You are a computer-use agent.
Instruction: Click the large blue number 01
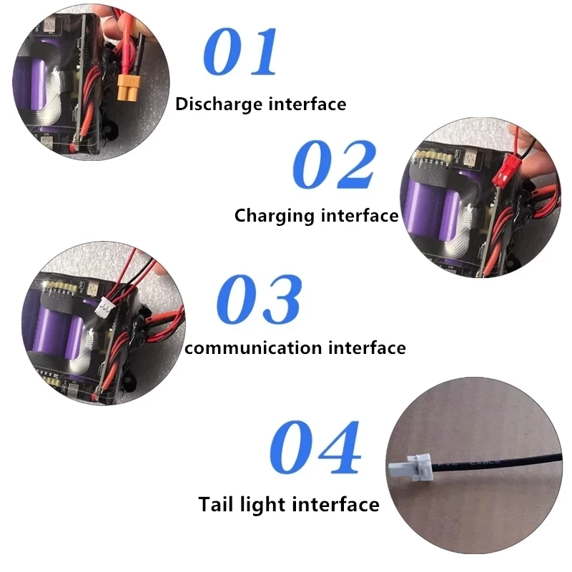(x=240, y=51)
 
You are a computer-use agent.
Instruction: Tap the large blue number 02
(x=334, y=164)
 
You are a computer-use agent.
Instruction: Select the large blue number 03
(x=259, y=299)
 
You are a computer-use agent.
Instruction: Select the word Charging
(x=275, y=216)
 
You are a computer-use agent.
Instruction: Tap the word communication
(x=254, y=347)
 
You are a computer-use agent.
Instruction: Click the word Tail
(x=216, y=505)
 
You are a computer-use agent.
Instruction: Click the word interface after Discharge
(x=307, y=104)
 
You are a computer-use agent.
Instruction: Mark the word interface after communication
(x=368, y=347)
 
